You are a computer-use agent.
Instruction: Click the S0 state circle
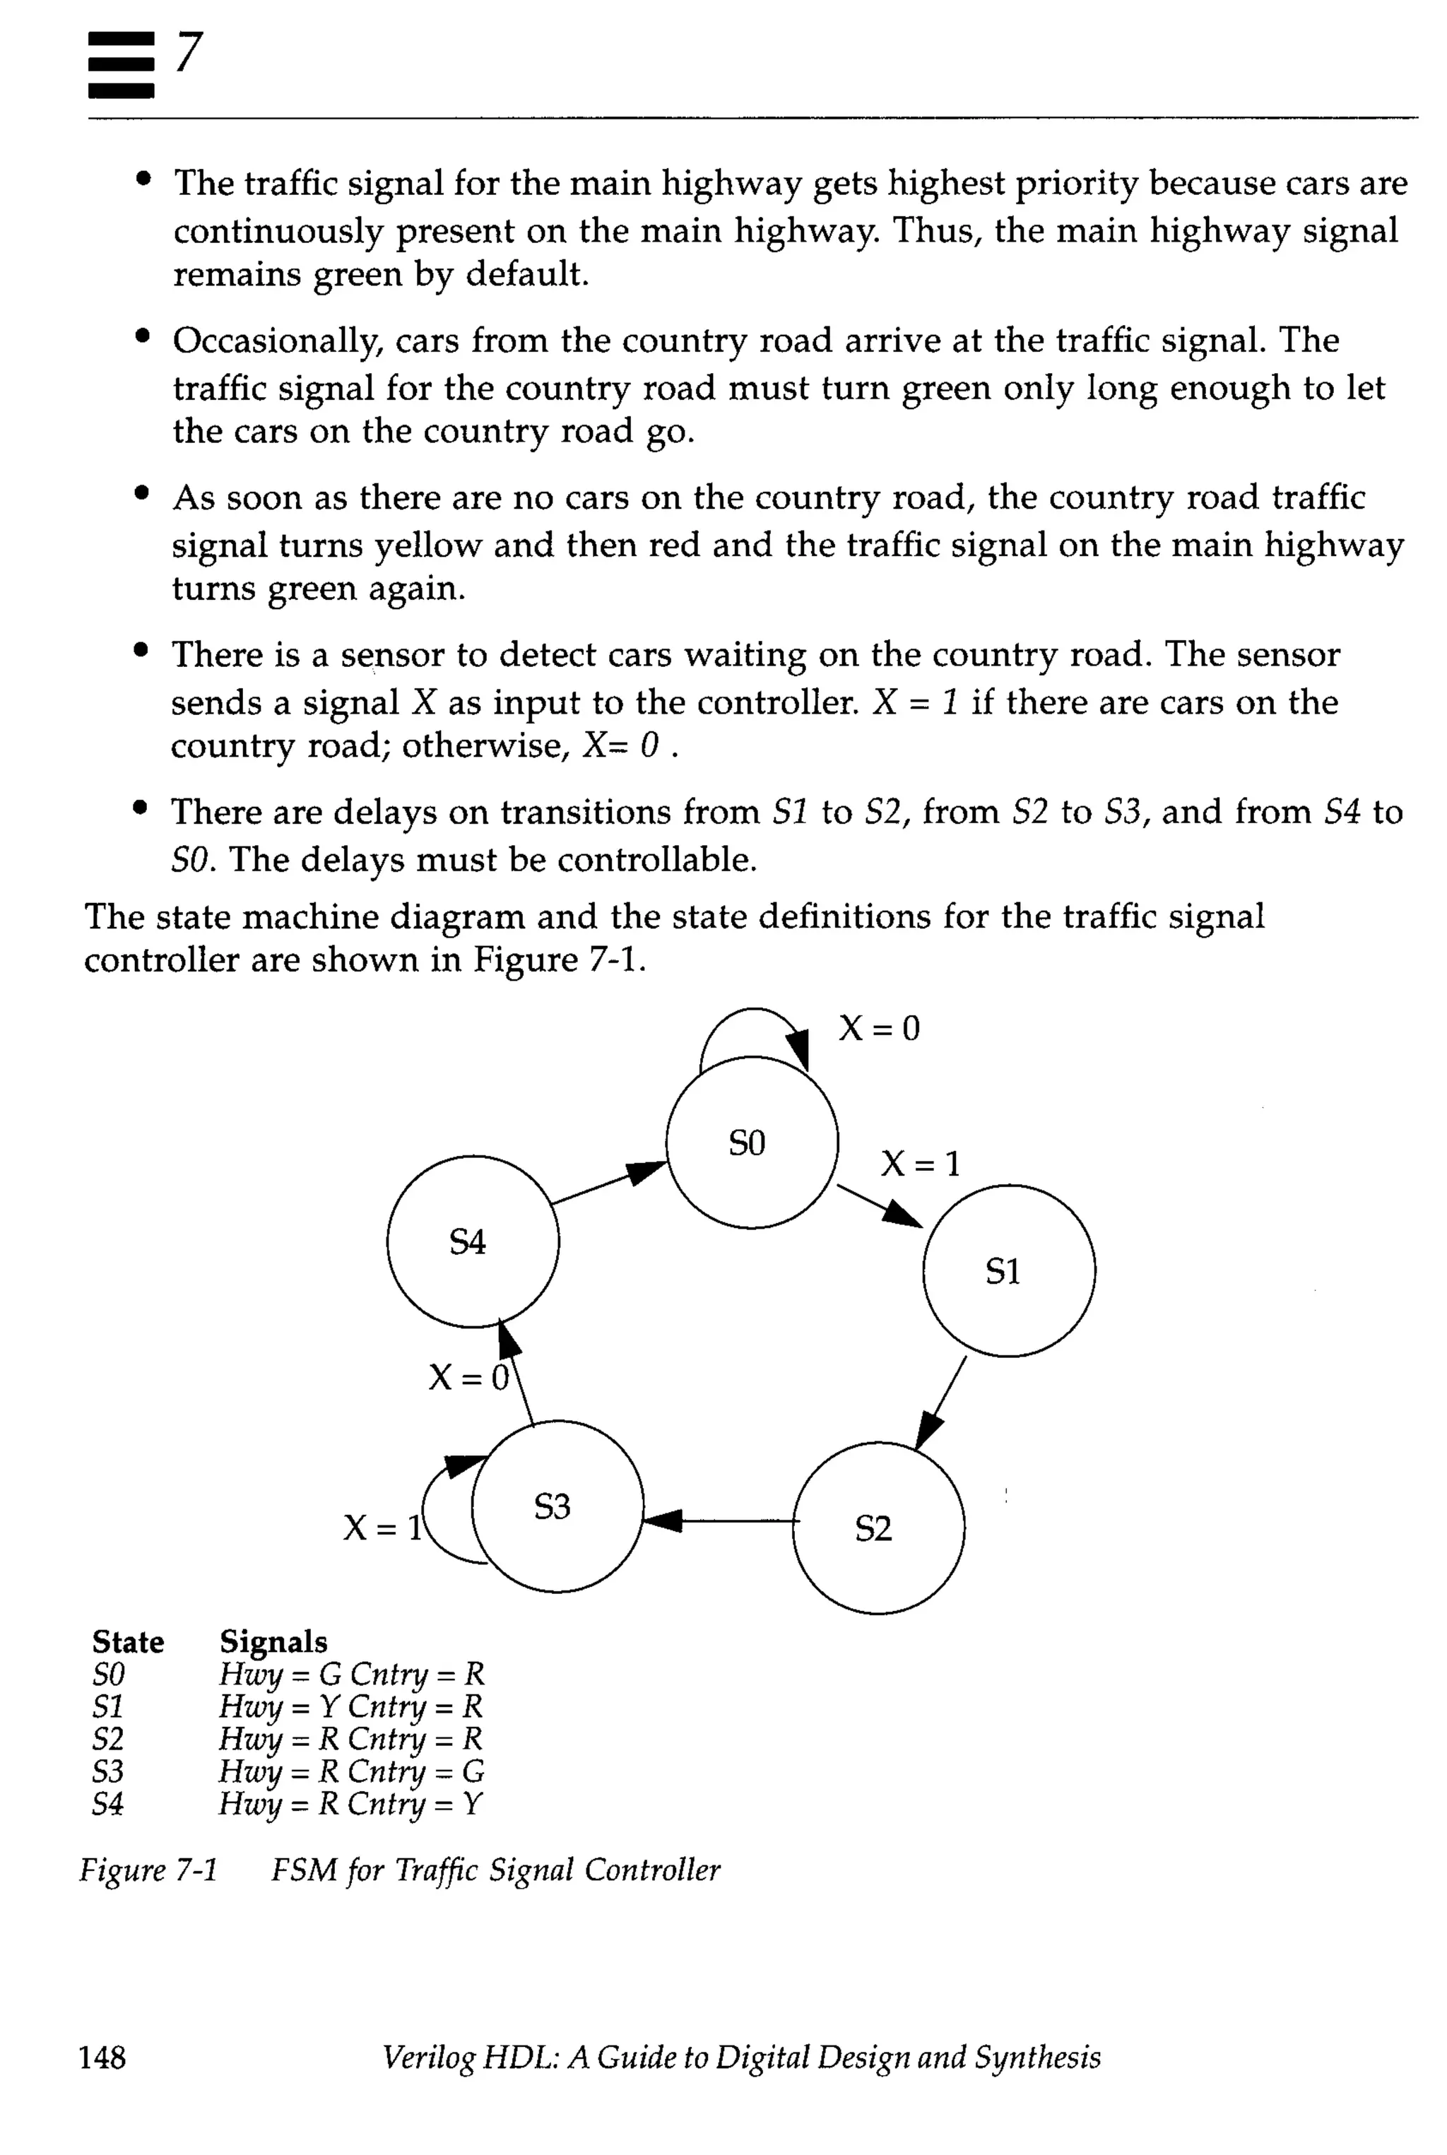coord(751,1142)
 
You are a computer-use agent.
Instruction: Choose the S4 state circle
coord(473,1241)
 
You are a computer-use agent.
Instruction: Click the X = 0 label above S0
coord(878,1028)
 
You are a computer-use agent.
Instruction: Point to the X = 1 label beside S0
coord(920,1164)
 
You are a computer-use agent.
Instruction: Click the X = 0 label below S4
coord(468,1378)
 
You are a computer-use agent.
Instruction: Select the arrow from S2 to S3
coord(718,1520)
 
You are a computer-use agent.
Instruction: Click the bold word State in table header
coord(127,1642)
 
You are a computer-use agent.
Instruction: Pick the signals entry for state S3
coord(350,1771)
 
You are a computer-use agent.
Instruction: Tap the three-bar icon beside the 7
coord(121,64)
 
